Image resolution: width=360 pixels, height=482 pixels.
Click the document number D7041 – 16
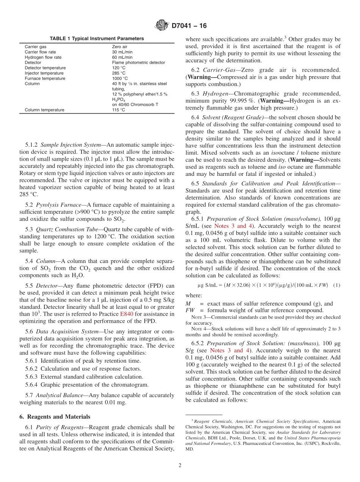pos(189,26)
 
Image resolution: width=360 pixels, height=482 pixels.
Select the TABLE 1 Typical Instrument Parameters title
pos(97,39)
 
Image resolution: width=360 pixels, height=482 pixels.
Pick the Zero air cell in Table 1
pos(120,47)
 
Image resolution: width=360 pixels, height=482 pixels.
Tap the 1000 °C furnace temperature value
pos(120,78)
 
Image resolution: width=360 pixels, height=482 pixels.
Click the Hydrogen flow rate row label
pos(43,57)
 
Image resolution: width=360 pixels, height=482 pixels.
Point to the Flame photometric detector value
pos(138,63)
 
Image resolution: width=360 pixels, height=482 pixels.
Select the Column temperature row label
pos(44,110)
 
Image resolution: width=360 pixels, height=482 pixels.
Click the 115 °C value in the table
pos(119,110)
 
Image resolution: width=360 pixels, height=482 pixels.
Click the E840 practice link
pos(127,314)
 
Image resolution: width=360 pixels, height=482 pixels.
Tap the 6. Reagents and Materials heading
pos(55,417)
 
